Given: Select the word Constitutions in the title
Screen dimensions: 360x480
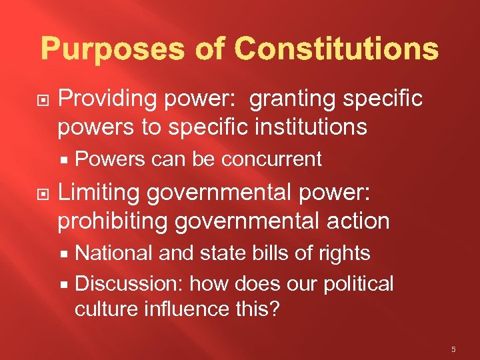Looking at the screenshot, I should point(337,49).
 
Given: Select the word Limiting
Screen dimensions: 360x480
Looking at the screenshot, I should point(99,193).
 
